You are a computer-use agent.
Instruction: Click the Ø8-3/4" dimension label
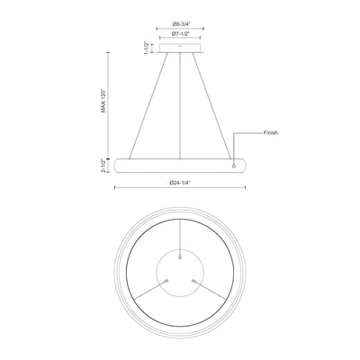(180, 23)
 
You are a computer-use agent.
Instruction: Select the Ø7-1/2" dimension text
(180, 33)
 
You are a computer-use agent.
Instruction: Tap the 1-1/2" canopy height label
(147, 48)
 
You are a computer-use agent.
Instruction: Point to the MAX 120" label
(103, 101)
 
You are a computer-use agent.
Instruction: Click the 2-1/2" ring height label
(103, 166)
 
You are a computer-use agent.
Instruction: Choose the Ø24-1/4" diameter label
(180, 182)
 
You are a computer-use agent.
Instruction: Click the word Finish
(271, 132)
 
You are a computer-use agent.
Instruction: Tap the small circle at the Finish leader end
(234, 166)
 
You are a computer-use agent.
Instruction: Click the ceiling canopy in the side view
(180, 49)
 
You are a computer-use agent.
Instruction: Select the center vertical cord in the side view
(180, 105)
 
